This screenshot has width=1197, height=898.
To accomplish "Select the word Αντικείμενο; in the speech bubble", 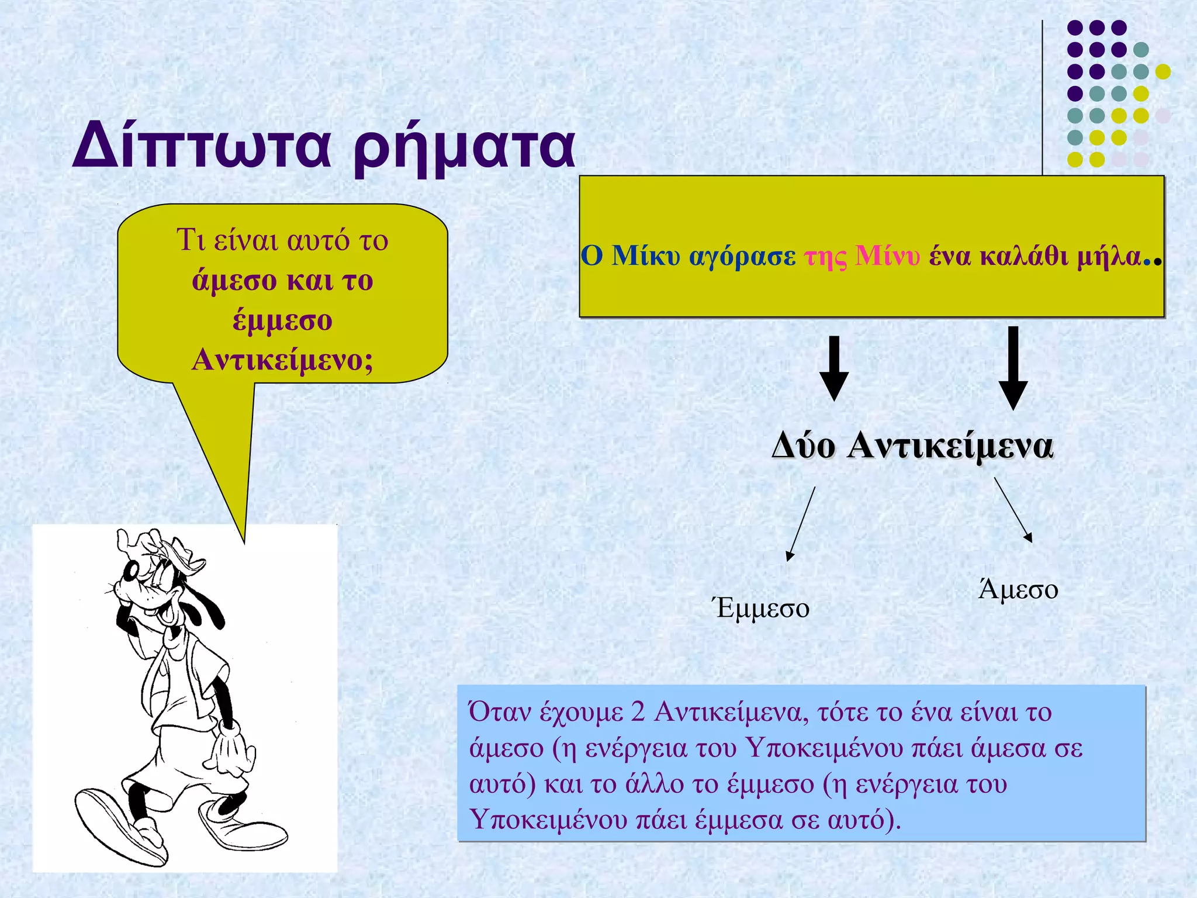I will pos(282,359).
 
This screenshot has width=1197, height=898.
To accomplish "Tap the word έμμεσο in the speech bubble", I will pos(282,320).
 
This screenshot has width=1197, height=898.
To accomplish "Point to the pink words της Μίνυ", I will pos(862,256).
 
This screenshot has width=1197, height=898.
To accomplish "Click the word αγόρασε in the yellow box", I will pos(742,256).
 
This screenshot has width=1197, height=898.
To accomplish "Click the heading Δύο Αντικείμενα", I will pos(912,445).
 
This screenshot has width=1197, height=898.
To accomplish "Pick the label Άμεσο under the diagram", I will pos(1018,589).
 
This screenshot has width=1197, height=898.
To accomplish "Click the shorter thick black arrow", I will pos(834,368).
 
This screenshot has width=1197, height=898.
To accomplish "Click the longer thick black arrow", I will pos(1013,368).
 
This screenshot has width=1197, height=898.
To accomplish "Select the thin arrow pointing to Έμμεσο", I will pos(801,523).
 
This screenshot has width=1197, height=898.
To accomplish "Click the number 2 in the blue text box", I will pos(638,712).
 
